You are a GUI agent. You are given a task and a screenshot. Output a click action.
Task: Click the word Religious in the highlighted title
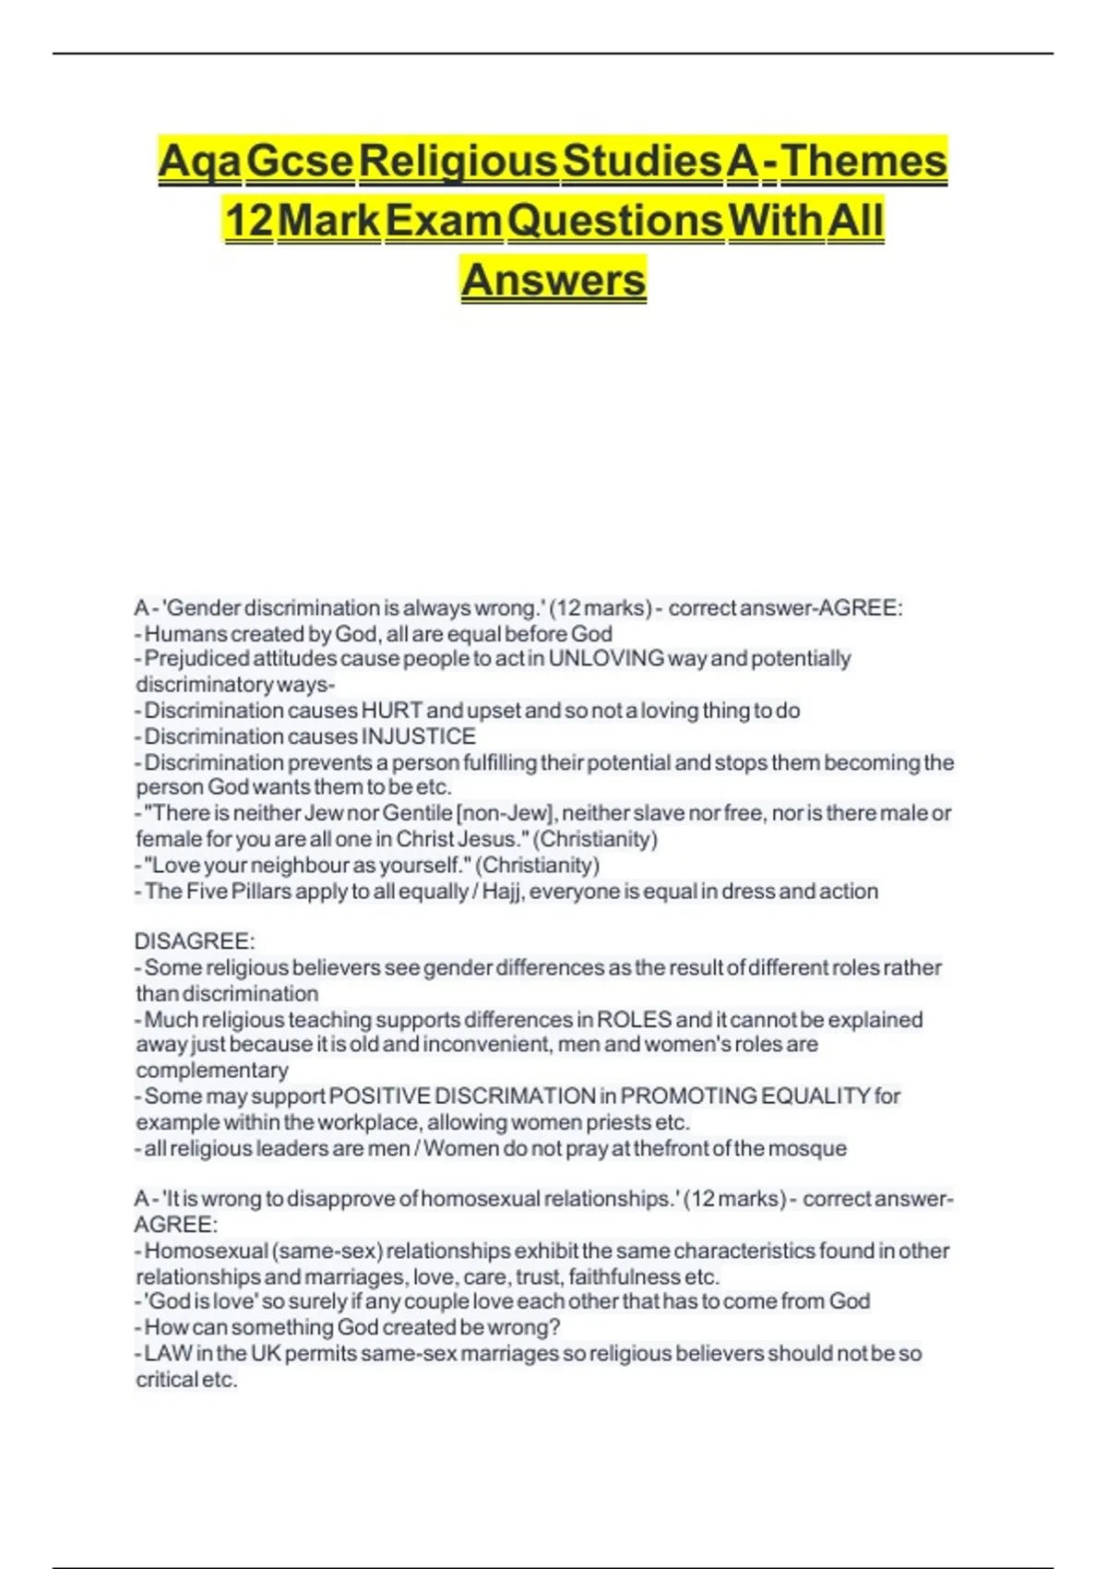458,162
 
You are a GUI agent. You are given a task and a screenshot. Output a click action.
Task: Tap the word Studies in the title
642,162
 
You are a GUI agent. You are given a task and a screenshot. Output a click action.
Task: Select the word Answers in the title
553,280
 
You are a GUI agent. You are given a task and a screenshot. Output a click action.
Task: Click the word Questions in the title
615,221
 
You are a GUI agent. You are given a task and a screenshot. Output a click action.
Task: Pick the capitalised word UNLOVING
606,659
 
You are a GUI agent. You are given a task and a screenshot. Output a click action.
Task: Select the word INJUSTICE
418,737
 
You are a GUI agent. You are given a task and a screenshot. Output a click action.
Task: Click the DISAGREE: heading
195,941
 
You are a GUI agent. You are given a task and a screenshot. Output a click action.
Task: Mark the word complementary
212,1071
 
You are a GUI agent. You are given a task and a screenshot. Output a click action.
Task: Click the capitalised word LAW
169,1354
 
